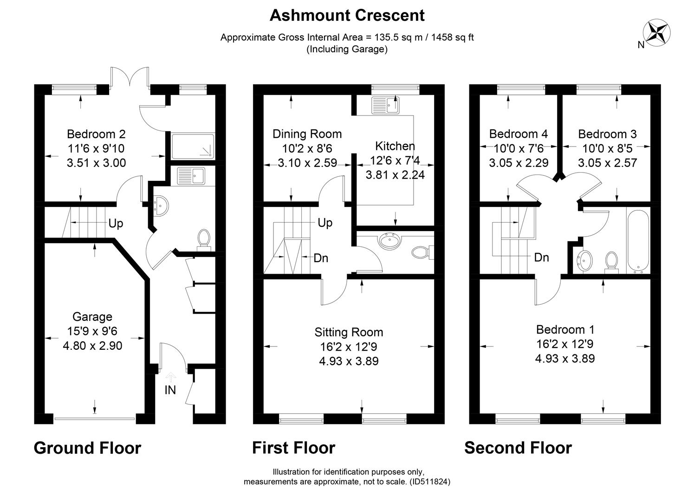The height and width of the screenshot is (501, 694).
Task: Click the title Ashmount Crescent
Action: [x=347, y=15]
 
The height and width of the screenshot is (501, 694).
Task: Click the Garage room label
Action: [x=92, y=317]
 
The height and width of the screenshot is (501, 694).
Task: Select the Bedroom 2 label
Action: [x=96, y=134]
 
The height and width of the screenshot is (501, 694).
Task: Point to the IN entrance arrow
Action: [x=170, y=378]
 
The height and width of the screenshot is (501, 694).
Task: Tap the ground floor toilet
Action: [x=204, y=240]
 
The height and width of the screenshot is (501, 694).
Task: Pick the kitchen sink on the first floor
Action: [x=385, y=105]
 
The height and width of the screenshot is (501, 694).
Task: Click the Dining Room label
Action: [x=307, y=134]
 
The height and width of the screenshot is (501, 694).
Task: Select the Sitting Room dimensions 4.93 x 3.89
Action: [x=349, y=361]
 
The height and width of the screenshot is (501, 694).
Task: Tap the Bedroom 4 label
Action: [x=519, y=134]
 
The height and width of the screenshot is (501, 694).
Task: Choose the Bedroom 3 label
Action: [x=607, y=134]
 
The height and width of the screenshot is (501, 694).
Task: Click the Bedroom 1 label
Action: [x=565, y=329]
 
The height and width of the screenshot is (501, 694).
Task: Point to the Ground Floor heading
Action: [x=87, y=448]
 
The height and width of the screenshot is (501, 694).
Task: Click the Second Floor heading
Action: [x=518, y=448]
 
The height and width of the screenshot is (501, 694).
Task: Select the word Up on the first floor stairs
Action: [x=325, y=223]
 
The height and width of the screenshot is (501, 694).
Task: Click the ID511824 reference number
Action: [x=430, y=482]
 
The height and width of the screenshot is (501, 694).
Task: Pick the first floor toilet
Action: [x=422, y=252]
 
